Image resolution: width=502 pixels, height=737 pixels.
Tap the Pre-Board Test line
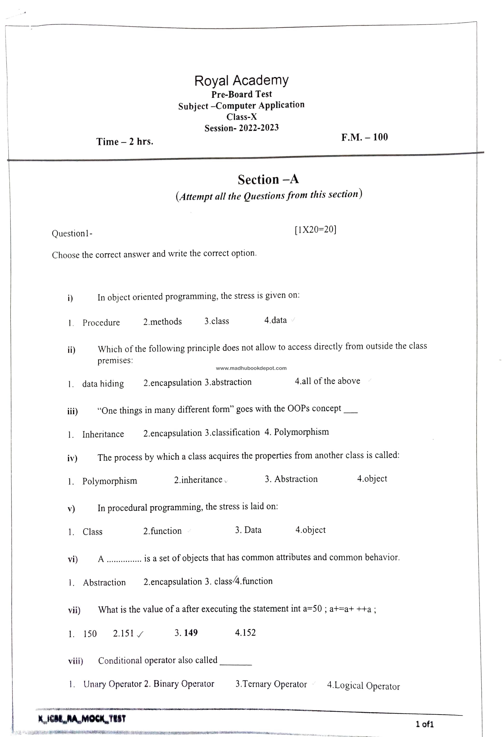coord(242,94)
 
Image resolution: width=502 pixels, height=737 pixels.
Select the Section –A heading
coord(268,179)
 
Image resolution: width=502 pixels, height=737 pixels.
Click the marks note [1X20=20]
coord(315,229)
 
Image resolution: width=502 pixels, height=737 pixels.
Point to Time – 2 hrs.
coord(125,141)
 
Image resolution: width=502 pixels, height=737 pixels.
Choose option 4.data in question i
coord(275,320)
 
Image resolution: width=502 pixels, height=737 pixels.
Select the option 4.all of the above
coord(328,381)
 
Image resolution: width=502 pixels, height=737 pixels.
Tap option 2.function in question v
coord(162,531)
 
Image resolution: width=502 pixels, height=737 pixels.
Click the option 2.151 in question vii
coord(123,633)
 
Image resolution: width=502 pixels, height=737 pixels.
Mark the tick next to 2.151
coord(140,634)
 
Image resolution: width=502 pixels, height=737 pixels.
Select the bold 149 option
coord(191,633)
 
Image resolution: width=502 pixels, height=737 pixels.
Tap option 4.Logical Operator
coord(363,686)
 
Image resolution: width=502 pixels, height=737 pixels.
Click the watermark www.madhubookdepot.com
coord(251,368)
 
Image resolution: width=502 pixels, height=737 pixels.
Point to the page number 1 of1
coord(424,724)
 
